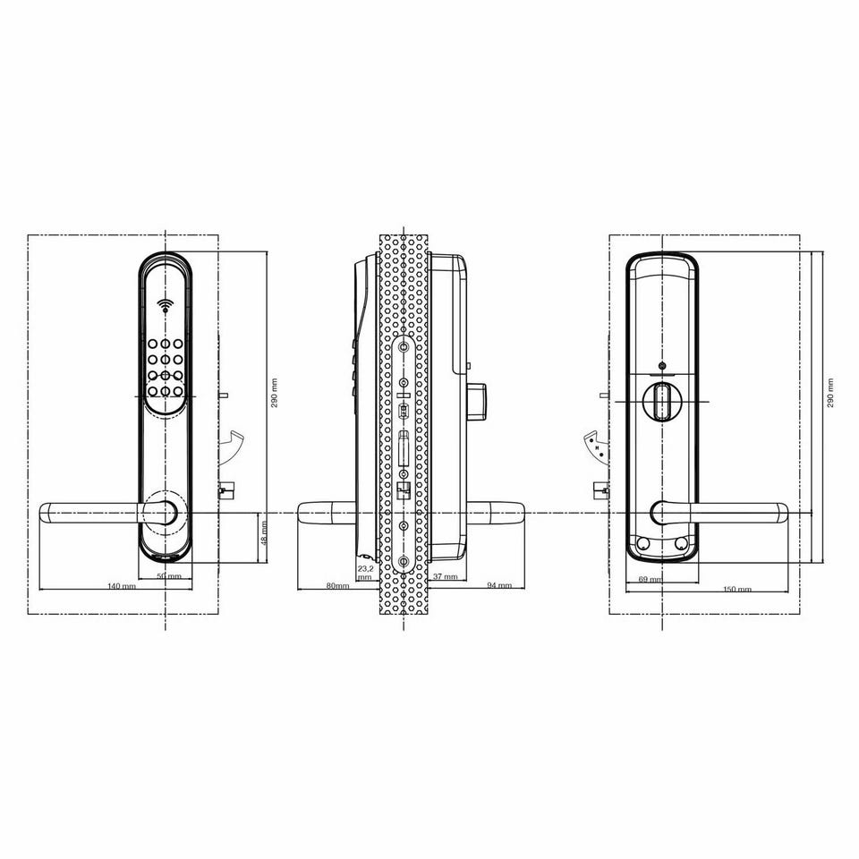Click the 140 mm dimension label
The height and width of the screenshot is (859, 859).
pyautogui.click(x=122, y=585)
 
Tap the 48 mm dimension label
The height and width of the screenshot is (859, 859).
pyautogui.click(x=264, y=533)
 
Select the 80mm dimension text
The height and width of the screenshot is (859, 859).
pyautogui.click(x=337, y=585)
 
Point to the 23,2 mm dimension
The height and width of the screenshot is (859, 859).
pyautogui.click(x=365, y=573)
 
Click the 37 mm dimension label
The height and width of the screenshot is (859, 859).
pyautogui.click(x=445, y=576)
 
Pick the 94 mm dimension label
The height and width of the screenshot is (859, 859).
pyautogui.click(x=499, y=585)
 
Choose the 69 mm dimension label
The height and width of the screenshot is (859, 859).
pyautogui.click(x=651, y=579)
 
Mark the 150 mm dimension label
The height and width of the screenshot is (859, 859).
pyautogui.click(x=736, y=590)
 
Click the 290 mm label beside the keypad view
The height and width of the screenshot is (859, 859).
pyautogui.click(x=275, y=392)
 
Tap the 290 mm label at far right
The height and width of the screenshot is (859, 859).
pyautogui.click(x=830, y=392)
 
